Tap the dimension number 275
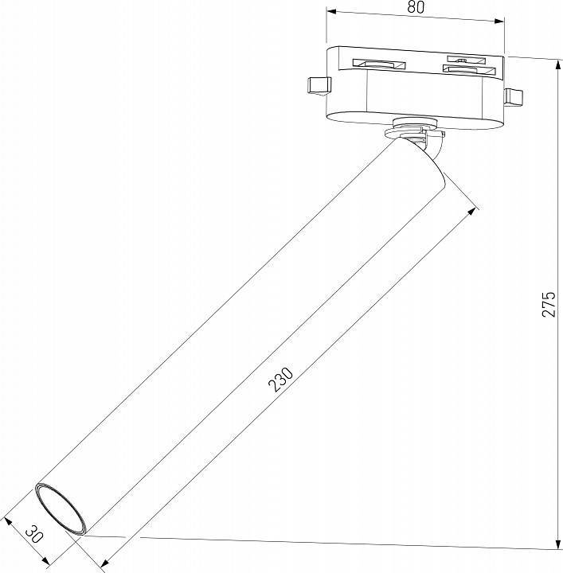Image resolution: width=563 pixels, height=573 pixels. [x=549, y=305]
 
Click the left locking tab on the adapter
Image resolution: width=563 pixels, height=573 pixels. [x=315, y=86]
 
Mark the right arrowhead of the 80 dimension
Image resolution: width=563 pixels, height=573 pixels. [x=502, y=13]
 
